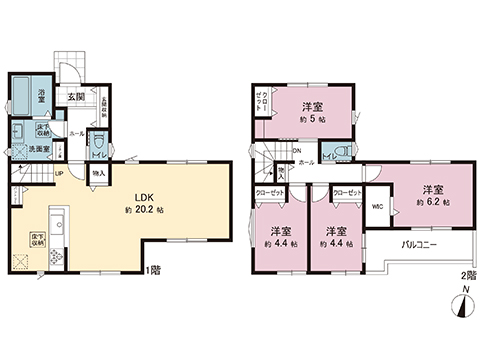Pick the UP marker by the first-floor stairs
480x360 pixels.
click(x=59, y=173)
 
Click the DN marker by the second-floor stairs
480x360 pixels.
click(x=297, y=151)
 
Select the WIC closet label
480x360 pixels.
click(x=376, y=207)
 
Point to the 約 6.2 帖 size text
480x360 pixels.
click(x=432, y=202)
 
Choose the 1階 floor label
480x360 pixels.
click(x=151, y=271)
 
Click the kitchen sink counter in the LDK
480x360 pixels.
click(x=57, y=219)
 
